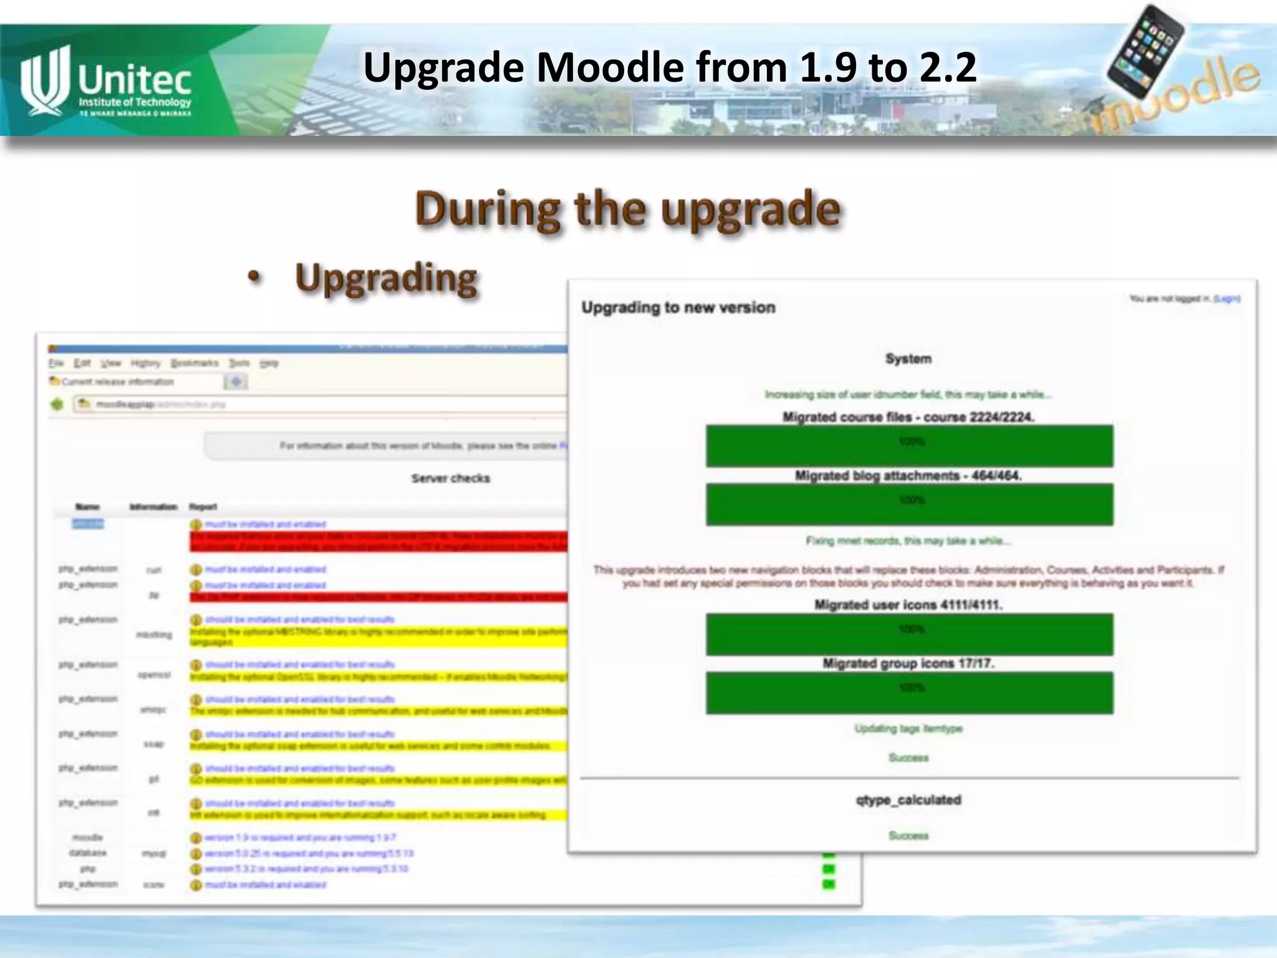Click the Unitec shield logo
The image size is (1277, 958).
[x=44, y=81]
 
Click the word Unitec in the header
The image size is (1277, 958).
[x=135, y=79]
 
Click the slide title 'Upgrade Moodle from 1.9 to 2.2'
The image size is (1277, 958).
[x=670, y=67]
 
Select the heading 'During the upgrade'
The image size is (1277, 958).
[x=627, y=210]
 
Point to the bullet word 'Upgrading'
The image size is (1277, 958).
[x=386, y=278]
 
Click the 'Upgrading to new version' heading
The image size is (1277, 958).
[x=678, y=307]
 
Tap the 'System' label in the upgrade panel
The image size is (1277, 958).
[x=908, y=359]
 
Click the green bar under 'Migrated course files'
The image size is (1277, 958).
[x=909, y=446]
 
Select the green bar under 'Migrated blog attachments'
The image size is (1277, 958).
[x=909, y=504]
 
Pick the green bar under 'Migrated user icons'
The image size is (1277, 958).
[x=909, y=634]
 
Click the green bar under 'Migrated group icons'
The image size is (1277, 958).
[x=909, y=692]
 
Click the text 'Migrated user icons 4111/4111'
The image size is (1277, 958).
[x=908, y=604]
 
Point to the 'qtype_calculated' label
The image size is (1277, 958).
[x=908, y=800]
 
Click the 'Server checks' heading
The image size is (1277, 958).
[x=450, y=478]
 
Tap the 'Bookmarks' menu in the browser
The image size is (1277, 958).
[x=195, y=363]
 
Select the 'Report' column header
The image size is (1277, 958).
[x=203, y=507]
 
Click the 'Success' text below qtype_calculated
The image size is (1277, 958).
[x=908, y=836]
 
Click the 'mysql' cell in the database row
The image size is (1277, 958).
[x=153, y=853]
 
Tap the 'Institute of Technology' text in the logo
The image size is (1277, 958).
[x=135, y=102]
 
